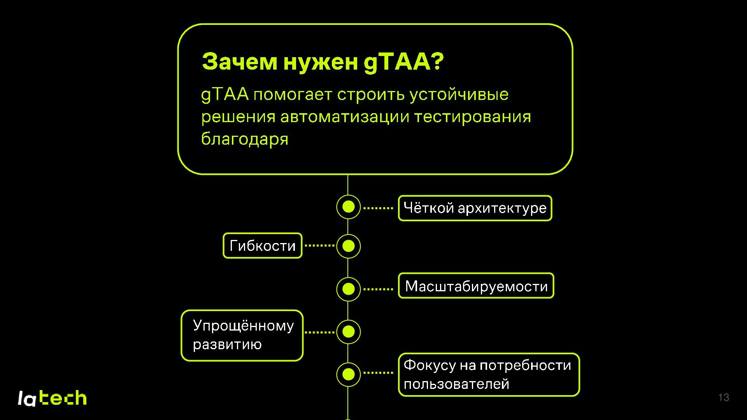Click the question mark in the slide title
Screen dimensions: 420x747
pos(437,62)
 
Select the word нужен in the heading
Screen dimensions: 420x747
pos(320,62)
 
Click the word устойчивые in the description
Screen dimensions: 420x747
pos(459,94)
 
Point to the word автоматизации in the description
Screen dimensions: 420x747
pos(344,117)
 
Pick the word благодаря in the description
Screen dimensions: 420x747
pos(245,139)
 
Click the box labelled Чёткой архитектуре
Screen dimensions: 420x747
pos(475,208)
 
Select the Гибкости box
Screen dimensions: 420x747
pos(263,246)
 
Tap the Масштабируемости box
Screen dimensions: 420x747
pos(476,286)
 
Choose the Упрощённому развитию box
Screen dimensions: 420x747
pos(242,335)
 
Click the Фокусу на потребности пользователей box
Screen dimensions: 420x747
pos(489,374)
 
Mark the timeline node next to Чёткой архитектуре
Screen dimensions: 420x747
pos(348,207)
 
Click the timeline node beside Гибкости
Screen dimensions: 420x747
pos(348,246)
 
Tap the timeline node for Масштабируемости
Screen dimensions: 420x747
pos(348,289)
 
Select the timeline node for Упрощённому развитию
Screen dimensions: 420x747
pos(348,332)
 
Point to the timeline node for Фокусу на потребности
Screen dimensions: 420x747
pos(348,374)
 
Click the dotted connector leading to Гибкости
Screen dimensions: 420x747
pos(319,246)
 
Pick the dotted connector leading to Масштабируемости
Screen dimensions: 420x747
pos(378,289)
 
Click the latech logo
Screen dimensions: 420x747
pos(52,398)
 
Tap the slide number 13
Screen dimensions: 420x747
pos(724,397)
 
